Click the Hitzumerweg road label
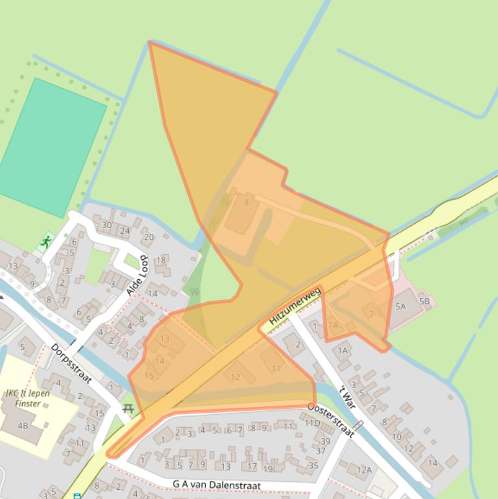pos(295,307)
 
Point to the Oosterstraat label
pos(330,419)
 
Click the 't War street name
pos(348,387)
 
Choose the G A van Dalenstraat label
pos(216,485)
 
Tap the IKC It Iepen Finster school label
pos(27,398)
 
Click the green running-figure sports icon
pos(45,243)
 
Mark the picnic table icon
pos(128,408)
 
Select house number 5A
pos(400,307)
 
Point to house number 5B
pos(424,301)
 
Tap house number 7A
pos(333,325)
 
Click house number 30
pos(107,225)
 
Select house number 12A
pos(364,470)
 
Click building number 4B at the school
pos(23,426)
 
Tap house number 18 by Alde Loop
pos(161,260)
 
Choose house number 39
pos(325,441)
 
